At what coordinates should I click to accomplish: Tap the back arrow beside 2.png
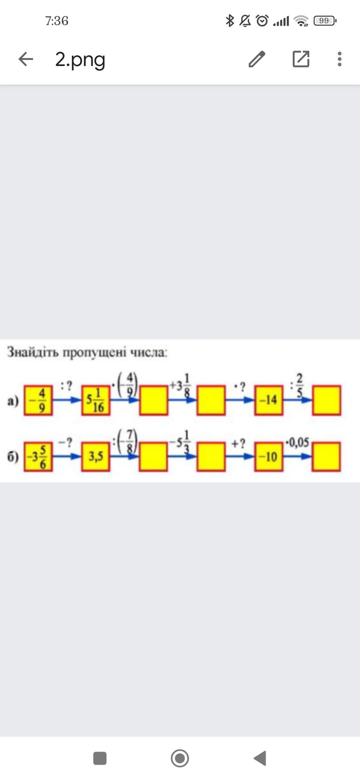[x=26, y=59]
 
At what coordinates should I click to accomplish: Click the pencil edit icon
[x=257, y=59]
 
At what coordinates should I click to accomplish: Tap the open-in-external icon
[x=301, y=59]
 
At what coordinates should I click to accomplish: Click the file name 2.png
[x=80, y=59]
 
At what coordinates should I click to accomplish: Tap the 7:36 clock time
[x=57, y=21]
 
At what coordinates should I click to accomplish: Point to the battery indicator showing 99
[x=325, y=21]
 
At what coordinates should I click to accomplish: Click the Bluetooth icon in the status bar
[x=230, y=21]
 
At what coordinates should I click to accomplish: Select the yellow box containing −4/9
[x=38, y=400]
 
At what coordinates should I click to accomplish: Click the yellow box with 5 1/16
[x=96, y=400]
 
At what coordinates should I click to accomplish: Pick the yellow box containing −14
[x=269, y=400]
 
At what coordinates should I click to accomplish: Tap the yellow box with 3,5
[x=96, y=457]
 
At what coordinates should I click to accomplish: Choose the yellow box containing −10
[x=269, y=457]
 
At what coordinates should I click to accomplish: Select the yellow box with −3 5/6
[x=38, y=457]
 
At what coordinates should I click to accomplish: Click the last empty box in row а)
[x=326, y=400]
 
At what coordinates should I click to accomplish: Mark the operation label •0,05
[x=297, y=443]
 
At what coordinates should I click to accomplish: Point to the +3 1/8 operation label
[x=180, y=386]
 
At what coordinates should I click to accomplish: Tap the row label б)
[x=13, y=457]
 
